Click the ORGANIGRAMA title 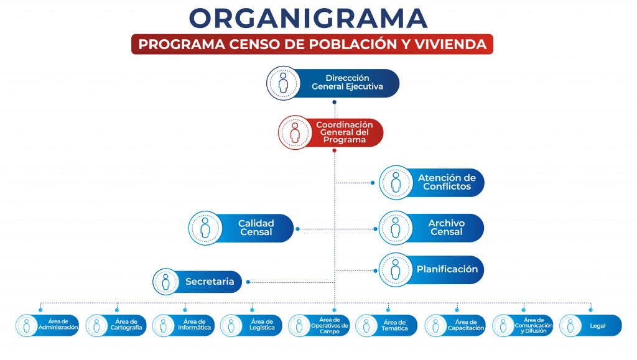coord(309,18)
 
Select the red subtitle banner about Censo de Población coord(312,45)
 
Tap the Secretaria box coord(205,282)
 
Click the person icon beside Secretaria coord(166,282)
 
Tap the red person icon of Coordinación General coord(295,132)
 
